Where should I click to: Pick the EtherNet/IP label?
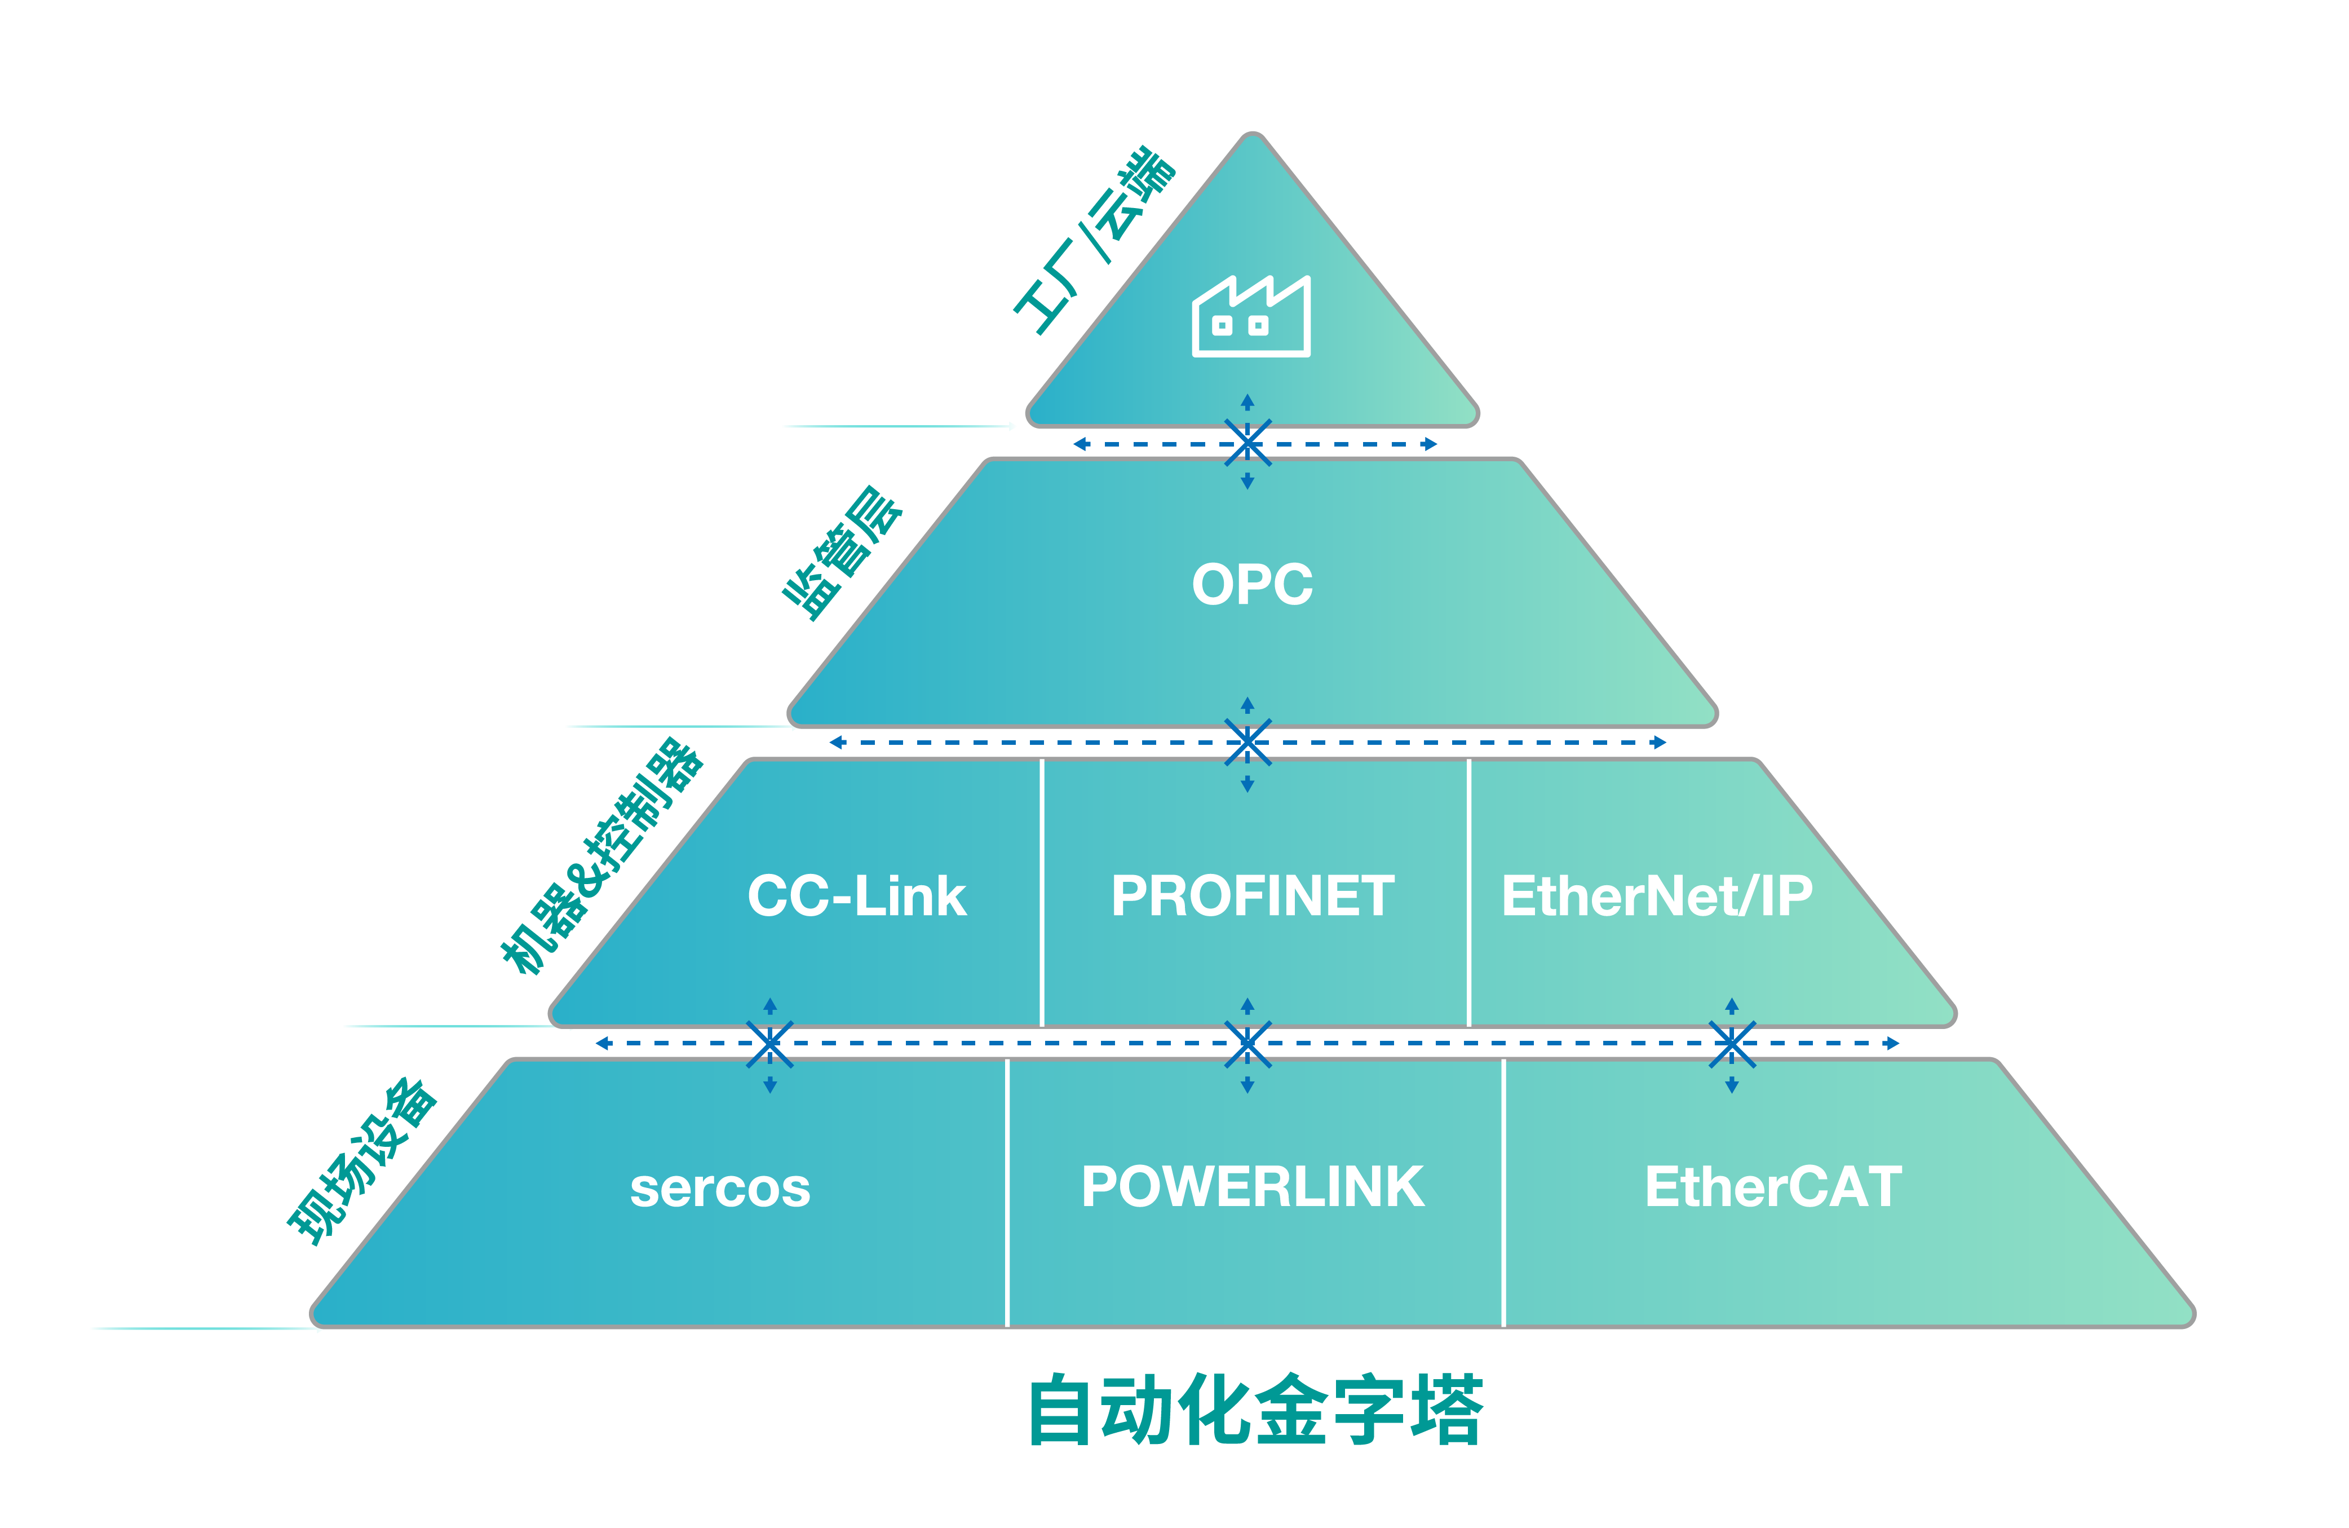pos(1656,897)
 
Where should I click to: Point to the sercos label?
pos(719,1187)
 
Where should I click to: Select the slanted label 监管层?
pos(842,553)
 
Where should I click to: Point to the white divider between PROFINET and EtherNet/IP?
pos(1468,893)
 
